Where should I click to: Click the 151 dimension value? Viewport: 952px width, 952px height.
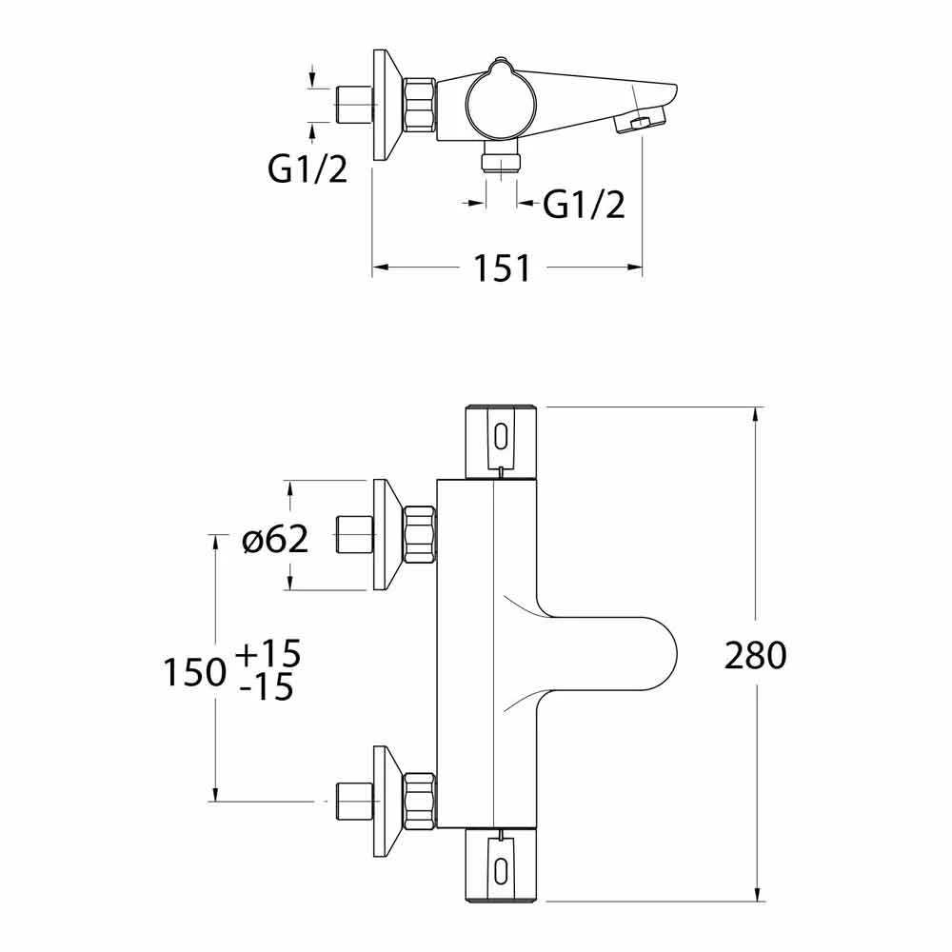coord(505,269)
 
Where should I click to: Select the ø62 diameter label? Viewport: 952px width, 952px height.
coord(274,540)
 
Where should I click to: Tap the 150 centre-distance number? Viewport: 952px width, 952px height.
coord(194,673)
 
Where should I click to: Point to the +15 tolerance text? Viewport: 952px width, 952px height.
coord(267,654)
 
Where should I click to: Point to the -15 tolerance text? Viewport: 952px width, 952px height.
coord(268,687)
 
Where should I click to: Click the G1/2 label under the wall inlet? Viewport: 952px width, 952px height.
coord(307,170)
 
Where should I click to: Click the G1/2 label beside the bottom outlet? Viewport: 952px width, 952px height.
coord(584,205)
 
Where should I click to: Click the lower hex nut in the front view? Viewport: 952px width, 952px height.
coord(420,801)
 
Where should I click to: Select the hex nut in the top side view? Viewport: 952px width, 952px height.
coord(420,105)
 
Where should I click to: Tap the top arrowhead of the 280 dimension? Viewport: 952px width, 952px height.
coord(757,412)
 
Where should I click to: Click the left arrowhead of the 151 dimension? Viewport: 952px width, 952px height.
coord(377,269)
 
